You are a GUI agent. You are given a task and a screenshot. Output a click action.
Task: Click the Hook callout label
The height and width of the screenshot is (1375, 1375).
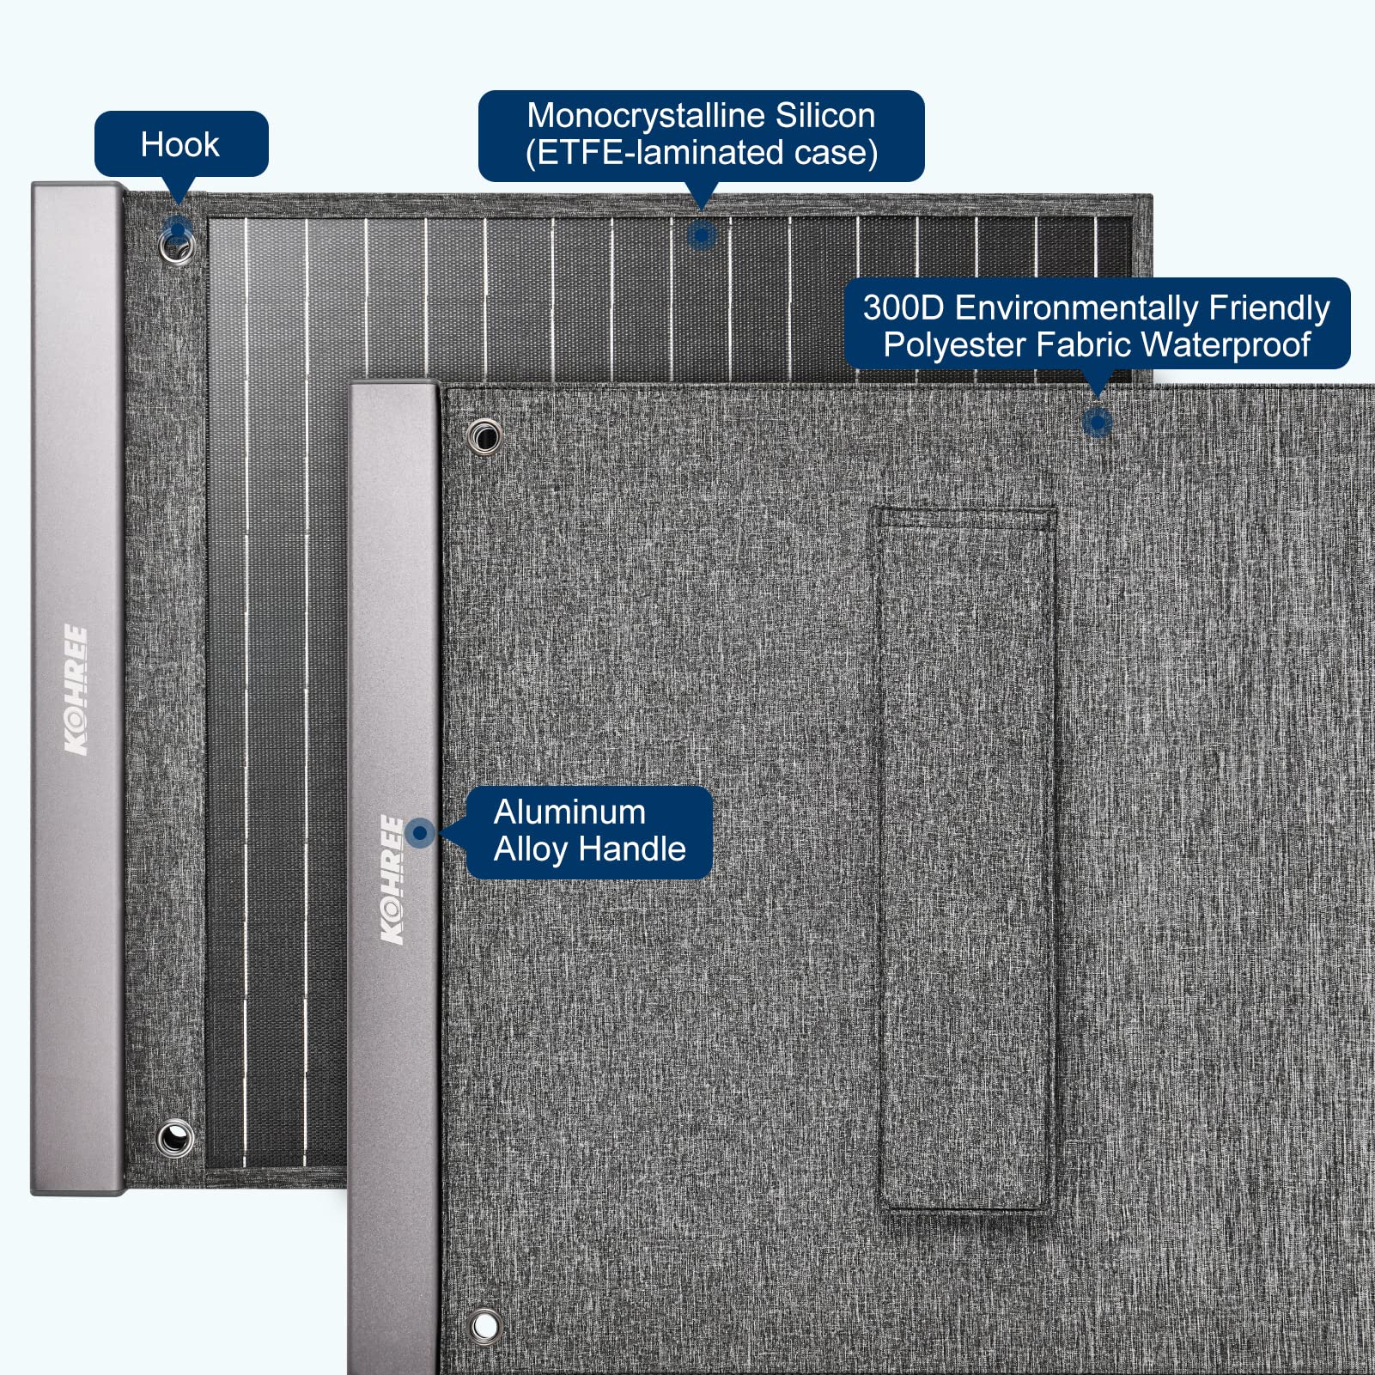point(180,144)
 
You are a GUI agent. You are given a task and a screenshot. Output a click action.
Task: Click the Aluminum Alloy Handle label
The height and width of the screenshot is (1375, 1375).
point(589,831)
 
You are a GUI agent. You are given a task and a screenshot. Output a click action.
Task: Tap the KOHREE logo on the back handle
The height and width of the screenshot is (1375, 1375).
point(76,691)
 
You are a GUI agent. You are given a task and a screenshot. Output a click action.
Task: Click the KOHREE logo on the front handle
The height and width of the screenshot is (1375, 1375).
point(392,880)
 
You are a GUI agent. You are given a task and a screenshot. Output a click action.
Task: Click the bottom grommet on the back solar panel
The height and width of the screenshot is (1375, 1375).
point(175,1139)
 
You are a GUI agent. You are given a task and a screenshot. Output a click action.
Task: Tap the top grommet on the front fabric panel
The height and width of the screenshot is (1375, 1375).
point(484,436)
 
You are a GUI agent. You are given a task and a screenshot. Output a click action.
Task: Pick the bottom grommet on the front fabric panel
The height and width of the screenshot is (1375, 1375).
point(484,1326)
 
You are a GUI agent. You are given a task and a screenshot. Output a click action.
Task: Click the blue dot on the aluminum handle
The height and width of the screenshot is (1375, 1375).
point(420,832)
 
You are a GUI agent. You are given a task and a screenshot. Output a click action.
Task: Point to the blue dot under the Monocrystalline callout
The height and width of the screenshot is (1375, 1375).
point(702,234)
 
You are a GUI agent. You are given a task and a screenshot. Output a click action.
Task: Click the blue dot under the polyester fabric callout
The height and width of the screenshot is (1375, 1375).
point(1097,422)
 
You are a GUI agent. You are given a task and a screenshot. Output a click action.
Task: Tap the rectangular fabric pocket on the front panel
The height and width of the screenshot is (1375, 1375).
point(965,859)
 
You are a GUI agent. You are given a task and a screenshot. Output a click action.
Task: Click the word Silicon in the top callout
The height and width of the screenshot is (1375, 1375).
point(825,115)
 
